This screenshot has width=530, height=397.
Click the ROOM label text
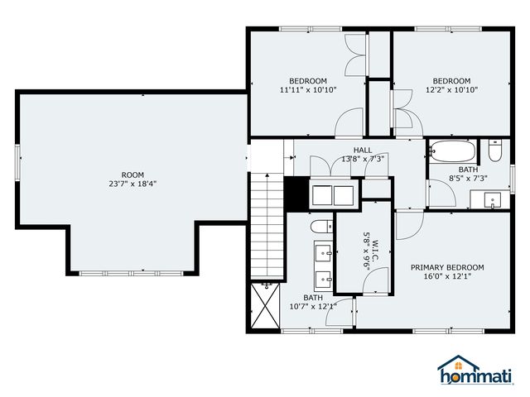[x=132, y=175]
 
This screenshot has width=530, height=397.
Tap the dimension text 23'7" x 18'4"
[x=132, y=184]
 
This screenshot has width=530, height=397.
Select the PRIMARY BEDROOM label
[x=447, y=267]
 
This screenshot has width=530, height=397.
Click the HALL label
[x=363, y=150]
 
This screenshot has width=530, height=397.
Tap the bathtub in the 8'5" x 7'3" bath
[x=452, y=151]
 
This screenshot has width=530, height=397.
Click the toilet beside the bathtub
[x=495, y=151]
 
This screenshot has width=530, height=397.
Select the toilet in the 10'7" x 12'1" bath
[x=321, y=227]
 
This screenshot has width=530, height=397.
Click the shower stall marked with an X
[x=266, y=305]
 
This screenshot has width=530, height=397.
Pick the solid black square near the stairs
[x=296, y=194]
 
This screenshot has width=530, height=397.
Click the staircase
[x=267, y=226]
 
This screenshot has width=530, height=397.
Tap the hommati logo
[x=475, y=370]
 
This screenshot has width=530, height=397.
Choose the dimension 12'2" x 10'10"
[x=451, y=90]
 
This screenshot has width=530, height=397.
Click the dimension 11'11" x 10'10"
[x=308, y=90]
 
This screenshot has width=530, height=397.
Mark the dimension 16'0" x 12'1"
[x=447, y=276]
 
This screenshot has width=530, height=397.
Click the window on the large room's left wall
[x=18, y=162]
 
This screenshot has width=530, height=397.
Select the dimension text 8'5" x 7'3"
[x=468, y=179]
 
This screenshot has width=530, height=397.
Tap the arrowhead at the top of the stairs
[x=267, y=175]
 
